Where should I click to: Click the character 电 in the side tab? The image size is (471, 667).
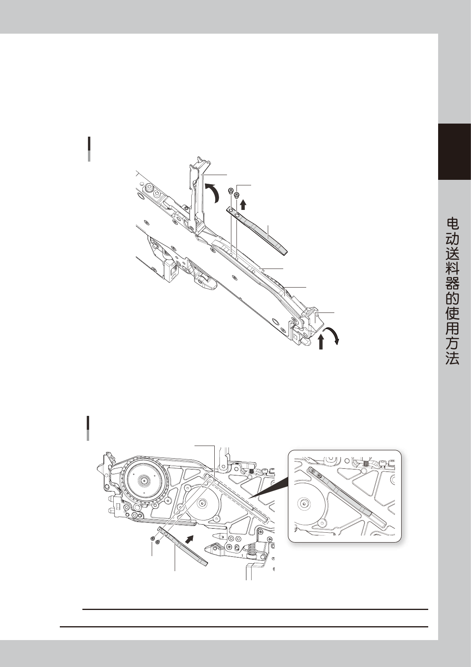tap(452, 224)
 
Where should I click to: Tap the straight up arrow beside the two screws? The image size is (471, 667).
tap(243, 204)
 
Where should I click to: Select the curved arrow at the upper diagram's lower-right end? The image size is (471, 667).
tap(332, 336)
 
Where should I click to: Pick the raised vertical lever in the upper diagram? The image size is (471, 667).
tap(197, 194)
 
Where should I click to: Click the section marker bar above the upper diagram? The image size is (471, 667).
tap(89, 149)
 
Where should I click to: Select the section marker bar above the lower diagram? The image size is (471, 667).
tap(88, 428)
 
